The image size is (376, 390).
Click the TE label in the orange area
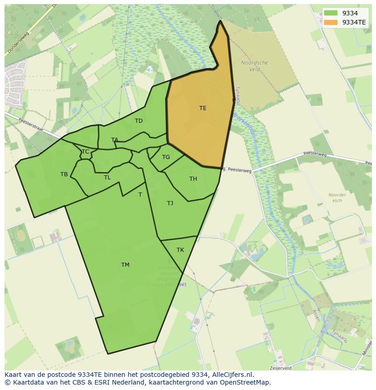click(203, 108)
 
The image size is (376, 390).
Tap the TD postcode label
click(139, 121)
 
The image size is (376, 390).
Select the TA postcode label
click(114, 140)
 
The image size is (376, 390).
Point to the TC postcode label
click(85, 152)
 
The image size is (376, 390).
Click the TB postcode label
click(64, 174)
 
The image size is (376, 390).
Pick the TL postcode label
click(107, 178)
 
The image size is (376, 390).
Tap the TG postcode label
click(166, 157)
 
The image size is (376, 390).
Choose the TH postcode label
click(193, 179)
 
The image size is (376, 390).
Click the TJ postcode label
click(170, 203)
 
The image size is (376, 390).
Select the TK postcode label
click(180, 250)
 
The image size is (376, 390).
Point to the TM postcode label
click(125, 265)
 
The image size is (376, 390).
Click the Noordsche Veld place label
click(254, 66)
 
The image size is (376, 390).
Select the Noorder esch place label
click(337, 197)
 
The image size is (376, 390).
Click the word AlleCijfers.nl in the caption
click(233, 375)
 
